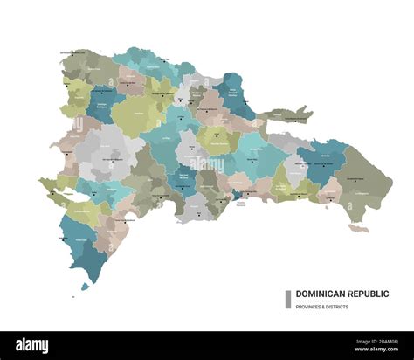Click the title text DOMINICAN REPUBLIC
tap(342, 294)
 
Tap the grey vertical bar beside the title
tap(287, 299)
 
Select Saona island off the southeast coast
tap(357, 228)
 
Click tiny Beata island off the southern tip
tap(86, 286)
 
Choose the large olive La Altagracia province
tap(366, 179)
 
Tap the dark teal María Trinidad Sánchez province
tap(234, 92)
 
